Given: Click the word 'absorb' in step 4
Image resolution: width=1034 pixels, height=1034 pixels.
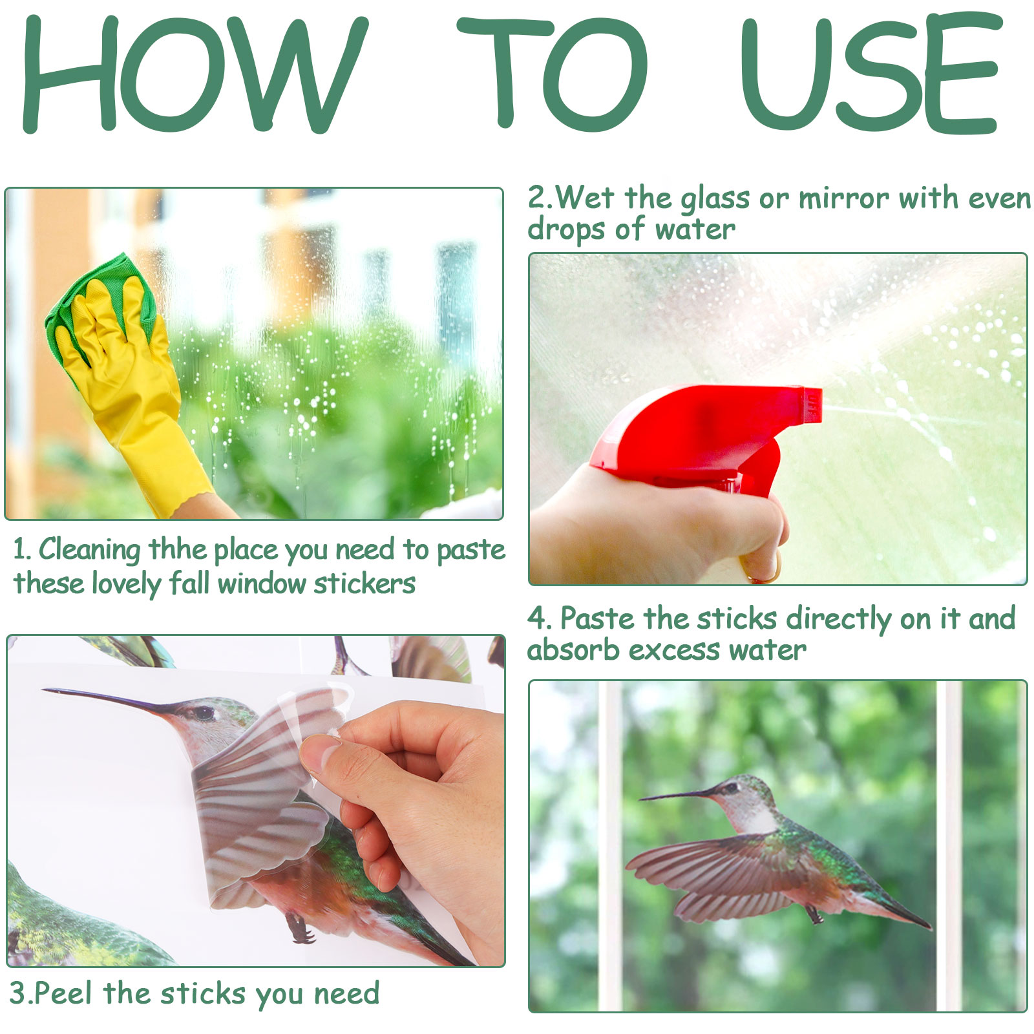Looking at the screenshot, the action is coord(573,650).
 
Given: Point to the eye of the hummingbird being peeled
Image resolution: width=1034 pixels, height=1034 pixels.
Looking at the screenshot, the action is coord(204,713).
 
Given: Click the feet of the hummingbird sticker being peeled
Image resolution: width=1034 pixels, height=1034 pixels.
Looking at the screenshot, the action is coord(299,929).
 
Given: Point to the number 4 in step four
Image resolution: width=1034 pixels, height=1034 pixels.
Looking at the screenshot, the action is coord(537,618).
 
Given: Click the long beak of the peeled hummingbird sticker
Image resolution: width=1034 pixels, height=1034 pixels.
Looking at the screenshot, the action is coord(107,701).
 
